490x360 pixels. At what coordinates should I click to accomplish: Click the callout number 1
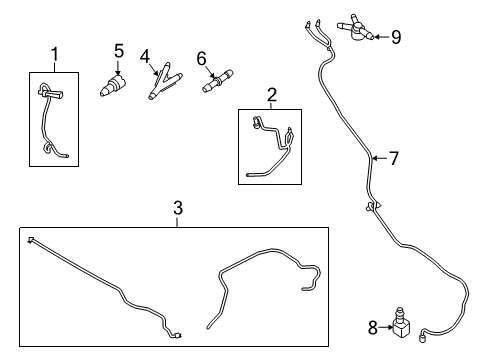point(56,53)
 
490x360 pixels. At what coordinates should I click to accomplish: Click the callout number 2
point(272,95)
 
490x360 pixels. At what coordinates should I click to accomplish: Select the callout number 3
point(177,208)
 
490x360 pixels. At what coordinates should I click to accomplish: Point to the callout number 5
point(118,49)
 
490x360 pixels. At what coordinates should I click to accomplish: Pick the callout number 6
point(201,58)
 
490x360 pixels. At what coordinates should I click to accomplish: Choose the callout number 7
point(393,157)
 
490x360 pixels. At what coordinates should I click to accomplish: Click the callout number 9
point(396,37)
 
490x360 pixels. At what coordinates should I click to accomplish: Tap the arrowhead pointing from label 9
point(378,37)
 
